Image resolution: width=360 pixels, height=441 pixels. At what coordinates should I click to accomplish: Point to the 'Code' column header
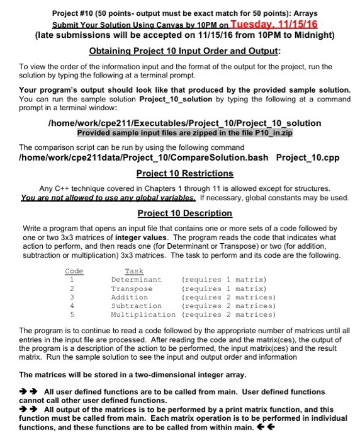point(74,270)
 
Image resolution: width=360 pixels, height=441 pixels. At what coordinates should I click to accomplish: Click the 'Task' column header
point(135,270)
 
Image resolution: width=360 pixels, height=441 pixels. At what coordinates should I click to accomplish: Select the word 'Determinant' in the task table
point(136,279)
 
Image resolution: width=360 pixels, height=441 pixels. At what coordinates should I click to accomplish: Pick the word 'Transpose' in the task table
point(132,288)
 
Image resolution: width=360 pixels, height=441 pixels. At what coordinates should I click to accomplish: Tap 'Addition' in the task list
point(130,297)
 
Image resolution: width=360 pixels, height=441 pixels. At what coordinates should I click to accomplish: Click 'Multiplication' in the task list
point(143,314)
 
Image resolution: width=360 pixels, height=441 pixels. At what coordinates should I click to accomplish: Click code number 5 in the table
point(73,314)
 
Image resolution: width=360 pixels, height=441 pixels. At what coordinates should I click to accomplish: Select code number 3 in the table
point(73,297)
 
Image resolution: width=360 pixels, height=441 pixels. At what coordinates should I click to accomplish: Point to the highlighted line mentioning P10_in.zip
point(185,134)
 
